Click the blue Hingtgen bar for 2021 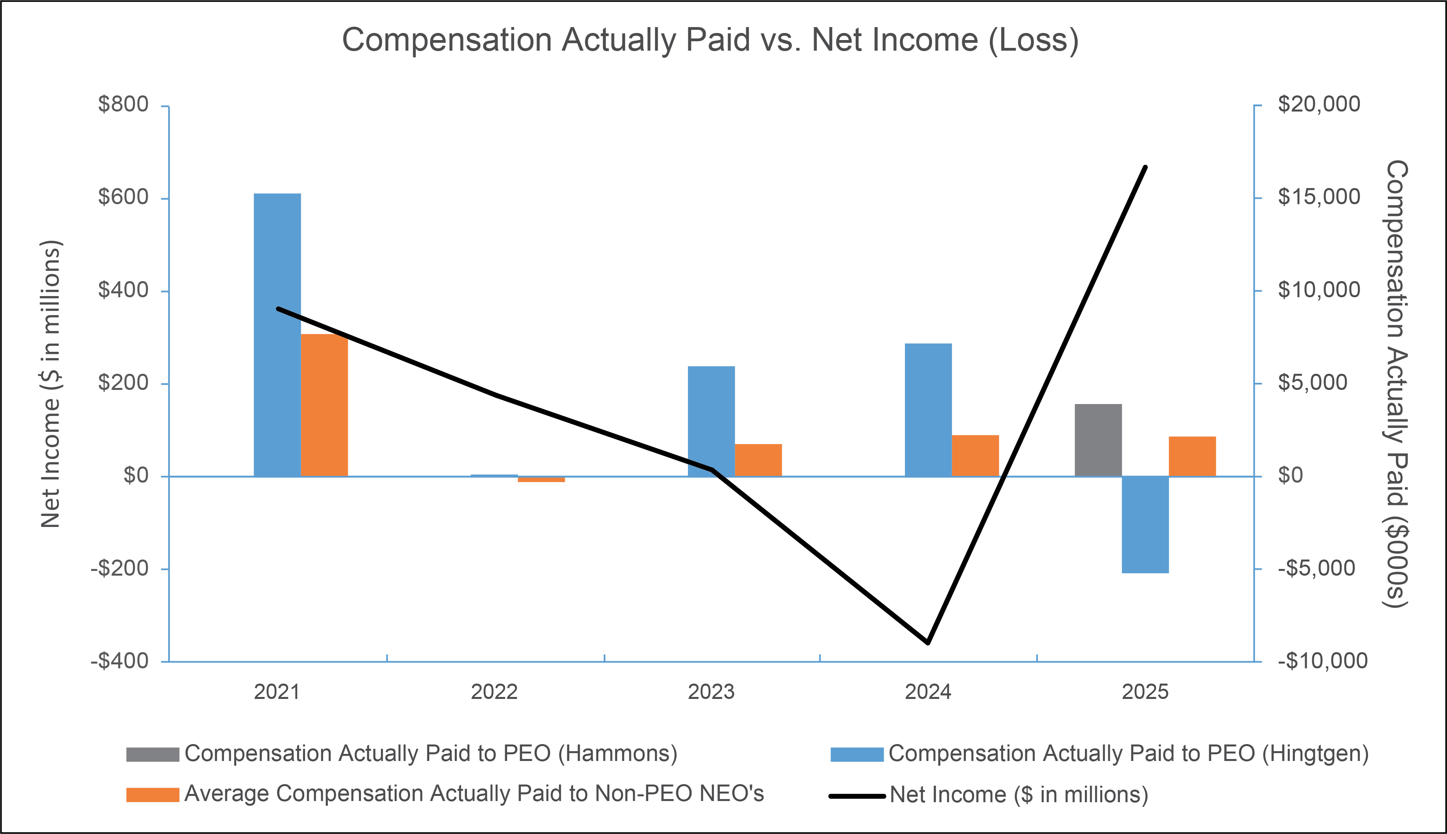[278, 335]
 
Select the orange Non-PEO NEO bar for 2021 [324, 405]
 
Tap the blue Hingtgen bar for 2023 [712, 421]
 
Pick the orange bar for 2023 [758, 460]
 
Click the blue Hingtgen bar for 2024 [928, 410]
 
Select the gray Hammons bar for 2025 [1098, 440]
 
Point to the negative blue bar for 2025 [1145, 525]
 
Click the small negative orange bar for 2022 [541, 479]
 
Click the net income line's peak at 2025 [1145, 167]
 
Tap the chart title [710, 40]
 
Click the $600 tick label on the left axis [123, 197]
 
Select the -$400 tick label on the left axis [119, 661]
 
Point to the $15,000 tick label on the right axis [1318, 197]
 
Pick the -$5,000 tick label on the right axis [1316, 568]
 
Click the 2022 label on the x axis [494, 692]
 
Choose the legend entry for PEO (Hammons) [402, 754]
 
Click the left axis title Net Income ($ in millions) [50, 384]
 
